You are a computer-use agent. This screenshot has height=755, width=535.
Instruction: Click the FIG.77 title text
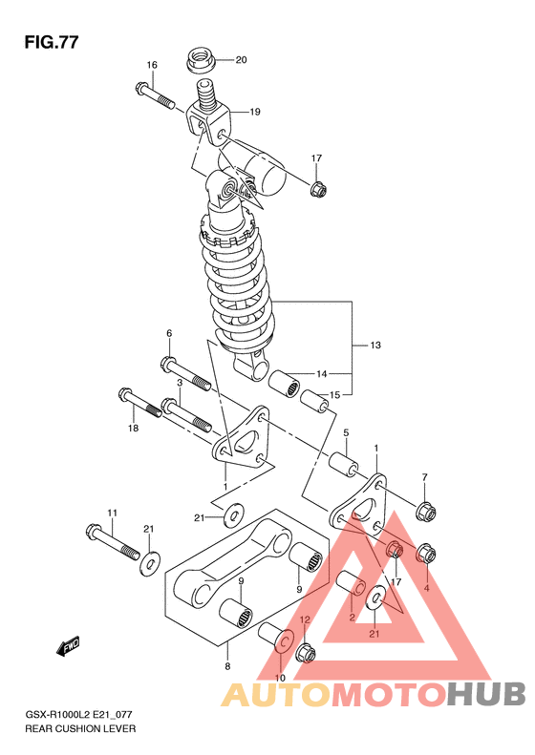51,42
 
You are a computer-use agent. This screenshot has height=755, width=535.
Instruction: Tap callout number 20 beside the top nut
241,60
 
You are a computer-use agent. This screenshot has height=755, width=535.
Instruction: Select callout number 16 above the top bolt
152,65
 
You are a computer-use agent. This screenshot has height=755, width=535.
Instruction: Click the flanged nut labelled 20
201,59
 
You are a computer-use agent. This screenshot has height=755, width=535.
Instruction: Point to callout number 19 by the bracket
255,112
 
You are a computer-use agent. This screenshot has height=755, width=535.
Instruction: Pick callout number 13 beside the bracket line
375,345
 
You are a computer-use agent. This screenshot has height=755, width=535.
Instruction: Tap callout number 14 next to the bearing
322,373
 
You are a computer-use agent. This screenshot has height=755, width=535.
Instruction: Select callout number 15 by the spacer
334,395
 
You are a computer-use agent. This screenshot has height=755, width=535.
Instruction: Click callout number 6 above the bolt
169,333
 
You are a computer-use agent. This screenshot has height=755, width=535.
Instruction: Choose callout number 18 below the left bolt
133,428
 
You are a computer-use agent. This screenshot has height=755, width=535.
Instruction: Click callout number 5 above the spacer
346,433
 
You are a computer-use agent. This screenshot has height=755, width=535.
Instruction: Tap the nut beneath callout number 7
425,511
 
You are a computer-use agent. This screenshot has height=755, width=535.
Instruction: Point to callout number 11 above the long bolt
112,514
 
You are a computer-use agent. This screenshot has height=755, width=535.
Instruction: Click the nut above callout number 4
426,554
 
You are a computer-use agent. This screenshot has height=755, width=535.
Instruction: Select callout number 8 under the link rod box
227,667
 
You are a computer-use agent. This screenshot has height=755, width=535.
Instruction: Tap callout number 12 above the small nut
305,619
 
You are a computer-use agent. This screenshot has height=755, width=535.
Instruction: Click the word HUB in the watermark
486,694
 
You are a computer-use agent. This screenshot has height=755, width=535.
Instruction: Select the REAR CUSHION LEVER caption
80,729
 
